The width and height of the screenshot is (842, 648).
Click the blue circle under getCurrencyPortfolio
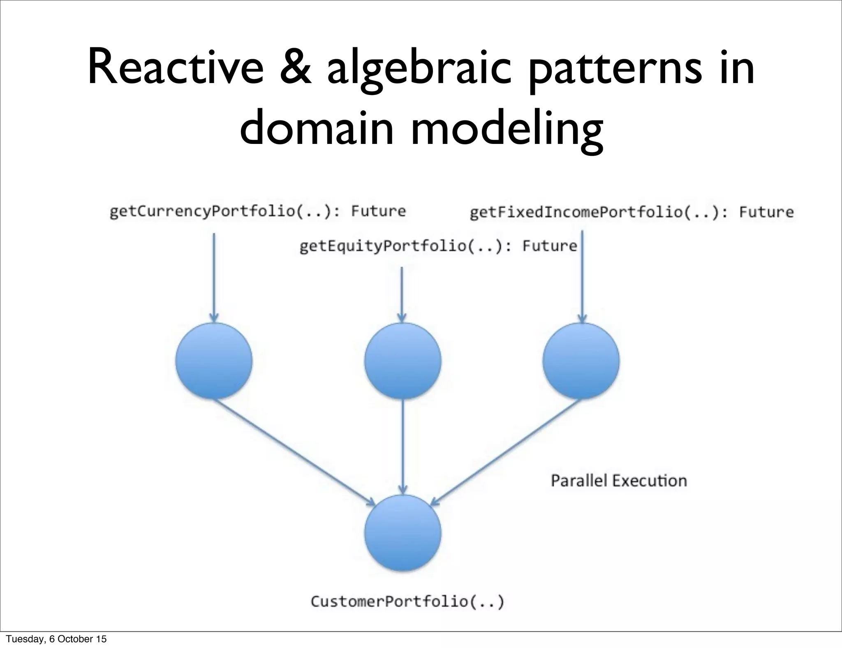pos(214,361)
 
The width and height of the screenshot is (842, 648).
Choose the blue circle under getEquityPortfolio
pos(402,361)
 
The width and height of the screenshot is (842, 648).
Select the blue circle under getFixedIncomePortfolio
pos(581,361)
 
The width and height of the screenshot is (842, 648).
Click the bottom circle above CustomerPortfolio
pos(402,533)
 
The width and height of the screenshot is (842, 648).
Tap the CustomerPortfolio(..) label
pos(407,602)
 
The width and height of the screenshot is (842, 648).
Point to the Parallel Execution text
pos(619,480)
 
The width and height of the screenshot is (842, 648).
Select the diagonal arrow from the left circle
pos(294,452)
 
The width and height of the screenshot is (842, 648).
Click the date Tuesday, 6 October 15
pos(56,639)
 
